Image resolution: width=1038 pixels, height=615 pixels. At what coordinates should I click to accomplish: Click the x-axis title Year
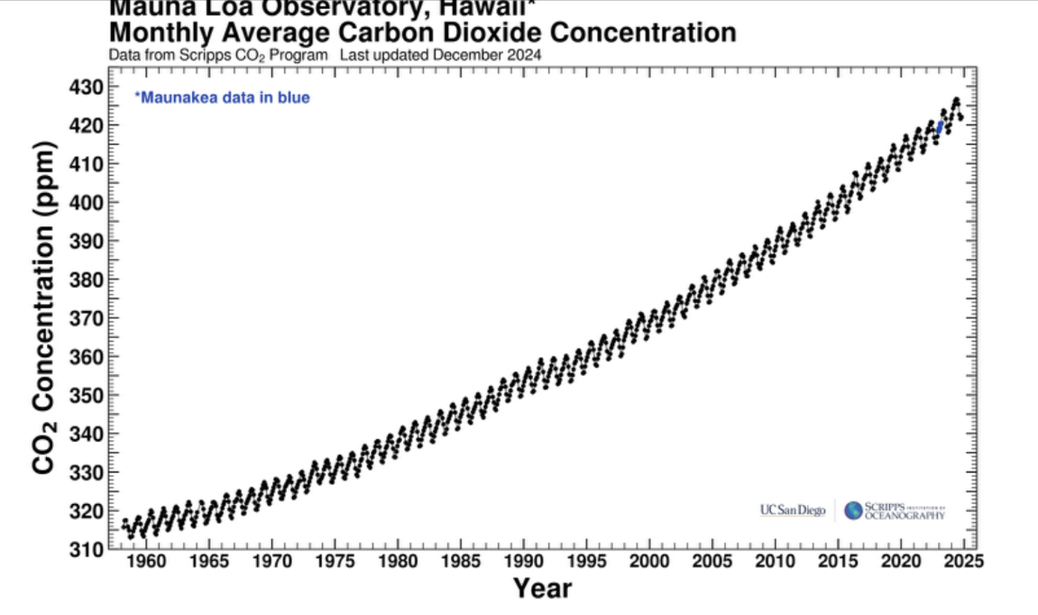542,589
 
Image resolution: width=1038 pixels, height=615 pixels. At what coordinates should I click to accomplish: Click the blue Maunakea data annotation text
222,97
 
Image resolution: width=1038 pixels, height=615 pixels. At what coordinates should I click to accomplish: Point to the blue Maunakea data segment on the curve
940,128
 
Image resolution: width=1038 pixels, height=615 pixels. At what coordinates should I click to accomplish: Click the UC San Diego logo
793,511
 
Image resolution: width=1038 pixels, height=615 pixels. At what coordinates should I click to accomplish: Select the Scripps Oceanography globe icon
853,511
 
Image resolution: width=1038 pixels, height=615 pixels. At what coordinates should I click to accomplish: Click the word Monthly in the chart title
159,34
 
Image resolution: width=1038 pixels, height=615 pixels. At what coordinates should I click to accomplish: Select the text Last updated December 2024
441,55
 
